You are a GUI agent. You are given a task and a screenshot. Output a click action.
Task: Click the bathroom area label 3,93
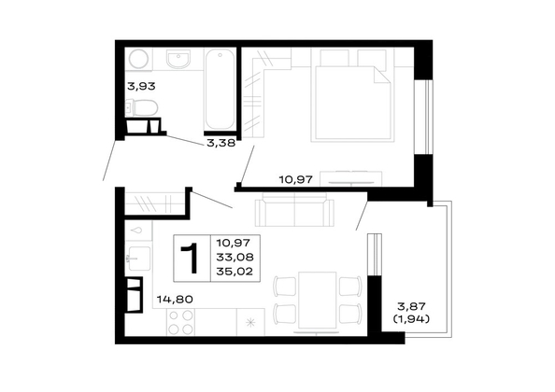[x=141, y=86]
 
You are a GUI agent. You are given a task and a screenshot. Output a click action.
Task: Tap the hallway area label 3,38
[x=221, y=143]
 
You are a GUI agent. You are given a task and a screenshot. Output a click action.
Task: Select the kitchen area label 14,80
[x=175, y=300]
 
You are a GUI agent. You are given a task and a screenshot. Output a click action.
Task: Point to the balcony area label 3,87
[x=411, y=306]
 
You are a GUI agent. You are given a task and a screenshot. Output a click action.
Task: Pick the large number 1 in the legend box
[x=191, y=259]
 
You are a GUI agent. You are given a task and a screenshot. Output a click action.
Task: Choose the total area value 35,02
[x=235, y=272]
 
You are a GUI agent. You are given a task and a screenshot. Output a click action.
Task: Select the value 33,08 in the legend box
[x=235, y=257]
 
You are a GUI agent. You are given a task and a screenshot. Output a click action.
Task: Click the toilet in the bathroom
[x=142, y=107]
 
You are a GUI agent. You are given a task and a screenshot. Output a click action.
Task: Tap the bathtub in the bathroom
[x=220, y=90]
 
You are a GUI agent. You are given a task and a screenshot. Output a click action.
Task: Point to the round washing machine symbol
[x=139, y=58]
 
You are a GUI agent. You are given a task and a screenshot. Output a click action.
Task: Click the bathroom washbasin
[x=178, y=59]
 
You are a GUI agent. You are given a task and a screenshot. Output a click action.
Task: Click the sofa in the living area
[x=294, y=212]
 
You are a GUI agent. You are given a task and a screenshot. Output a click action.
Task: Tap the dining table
[x=317, y=301]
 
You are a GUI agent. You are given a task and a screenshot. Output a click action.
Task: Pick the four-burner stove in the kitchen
[x=181, y=322]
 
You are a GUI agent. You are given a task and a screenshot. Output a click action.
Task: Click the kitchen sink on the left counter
[x=138, y=259]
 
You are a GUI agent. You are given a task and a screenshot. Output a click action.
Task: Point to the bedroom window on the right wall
[x=423, y=117]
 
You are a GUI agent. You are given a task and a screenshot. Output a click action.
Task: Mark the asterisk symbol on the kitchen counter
[x=250, y=322]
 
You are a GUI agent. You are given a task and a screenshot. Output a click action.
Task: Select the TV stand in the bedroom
[x=350, y=178]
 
